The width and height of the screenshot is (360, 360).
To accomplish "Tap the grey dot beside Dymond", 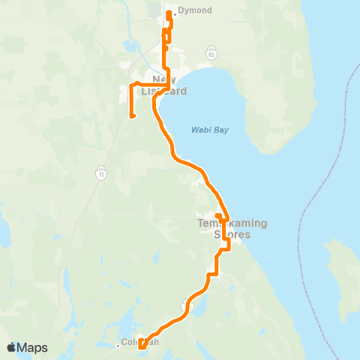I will [x=175, y=10].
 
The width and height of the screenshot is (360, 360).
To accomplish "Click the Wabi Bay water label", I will [x=209, y=130].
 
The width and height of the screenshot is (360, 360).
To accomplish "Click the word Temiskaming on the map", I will [x=232, y=223].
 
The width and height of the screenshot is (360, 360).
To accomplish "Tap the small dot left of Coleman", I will [x=120, y=345].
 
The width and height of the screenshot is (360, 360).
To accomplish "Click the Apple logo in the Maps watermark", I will [x=12, y=347].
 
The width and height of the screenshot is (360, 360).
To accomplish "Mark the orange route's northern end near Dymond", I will [x=168, y=13].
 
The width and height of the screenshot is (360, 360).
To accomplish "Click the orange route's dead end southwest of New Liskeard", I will [x=132, y=116].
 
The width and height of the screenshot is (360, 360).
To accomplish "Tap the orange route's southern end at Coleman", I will [x=140, y=346].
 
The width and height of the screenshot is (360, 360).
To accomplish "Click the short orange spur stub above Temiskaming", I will [x=217, y=216].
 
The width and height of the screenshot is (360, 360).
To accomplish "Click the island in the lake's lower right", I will [x=341, y=270].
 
